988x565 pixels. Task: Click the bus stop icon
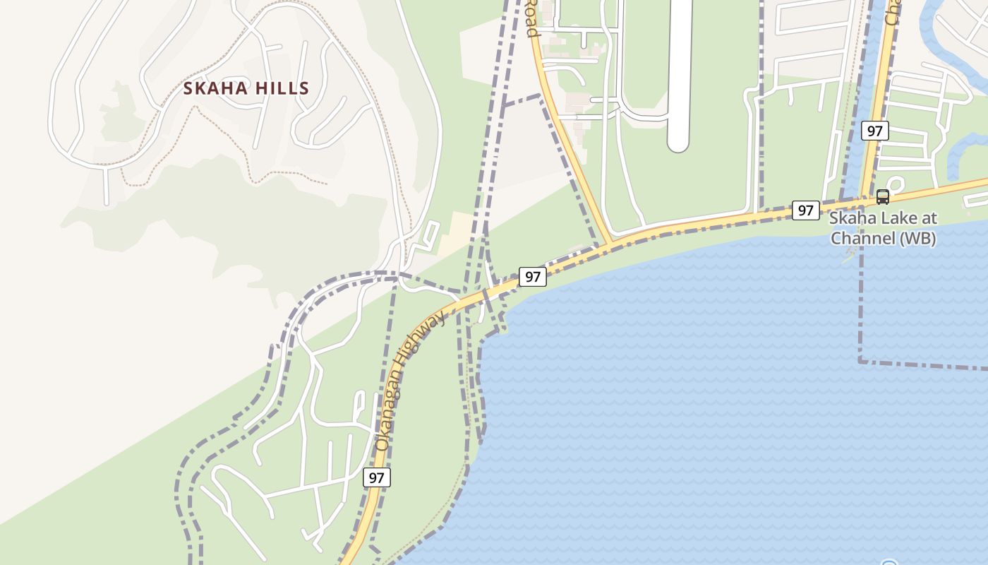tap(882, 197)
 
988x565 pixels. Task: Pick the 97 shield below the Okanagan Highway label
tap(377, 477)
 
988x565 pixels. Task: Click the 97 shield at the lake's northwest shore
tap(533, 277)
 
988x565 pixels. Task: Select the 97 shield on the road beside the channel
tap(875, 131)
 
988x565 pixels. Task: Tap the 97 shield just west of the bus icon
tap(805, 210)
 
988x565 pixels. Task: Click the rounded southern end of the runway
tap(678, 144)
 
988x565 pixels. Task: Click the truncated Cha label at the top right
tap(891, 13)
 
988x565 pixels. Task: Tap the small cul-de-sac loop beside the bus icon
tap(898, 185)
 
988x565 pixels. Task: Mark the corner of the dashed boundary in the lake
tap(860, 362)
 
